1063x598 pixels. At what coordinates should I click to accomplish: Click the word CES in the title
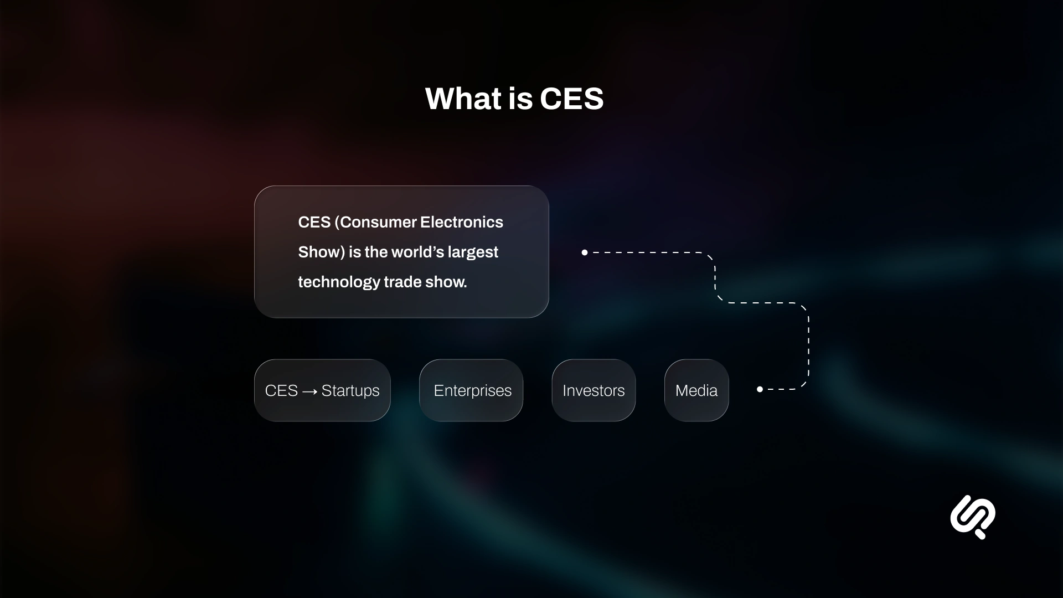(x=571, y=99)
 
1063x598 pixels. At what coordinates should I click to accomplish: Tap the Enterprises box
(x=471, y=390)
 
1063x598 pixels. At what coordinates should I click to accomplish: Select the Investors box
(x=594, y=390)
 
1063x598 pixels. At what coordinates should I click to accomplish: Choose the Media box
(x=696, y=390)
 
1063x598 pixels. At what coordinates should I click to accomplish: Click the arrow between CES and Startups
(x=310, y=391)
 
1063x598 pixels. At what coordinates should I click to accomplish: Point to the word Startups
(x=350, y=390)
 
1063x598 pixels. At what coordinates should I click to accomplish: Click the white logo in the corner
(x=973, y=517)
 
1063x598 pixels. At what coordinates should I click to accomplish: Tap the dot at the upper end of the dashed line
(x=585, y=252)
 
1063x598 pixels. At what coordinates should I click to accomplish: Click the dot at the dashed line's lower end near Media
(x=760, y=389)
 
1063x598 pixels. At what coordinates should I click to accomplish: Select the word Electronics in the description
(x=462, y=222)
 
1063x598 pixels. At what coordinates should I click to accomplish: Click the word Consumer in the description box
(x=378, y=222)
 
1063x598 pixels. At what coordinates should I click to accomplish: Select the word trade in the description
(x=403, y=282)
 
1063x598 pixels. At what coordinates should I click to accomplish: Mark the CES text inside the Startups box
(x=281, y=390)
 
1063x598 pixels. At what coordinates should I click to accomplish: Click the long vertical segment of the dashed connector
(x=808, y=346)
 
